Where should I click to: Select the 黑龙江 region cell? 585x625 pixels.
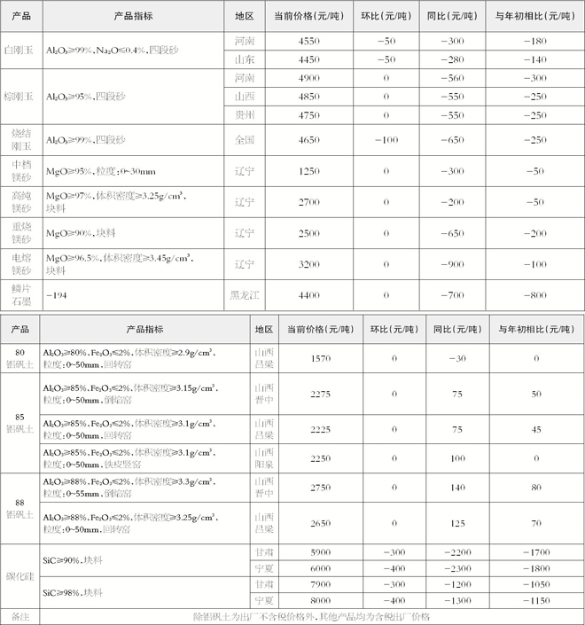244,294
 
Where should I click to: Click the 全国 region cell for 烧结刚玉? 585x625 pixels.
244,140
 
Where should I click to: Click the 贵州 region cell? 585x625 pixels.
244,115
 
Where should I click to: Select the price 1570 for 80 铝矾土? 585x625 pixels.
321,358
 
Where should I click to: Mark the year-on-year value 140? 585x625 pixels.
457,488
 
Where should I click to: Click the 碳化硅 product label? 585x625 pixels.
19,577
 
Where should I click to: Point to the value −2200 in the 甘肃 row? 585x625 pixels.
457,551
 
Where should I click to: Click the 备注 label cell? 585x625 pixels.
19,617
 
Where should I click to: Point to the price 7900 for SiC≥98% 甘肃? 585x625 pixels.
321,585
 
